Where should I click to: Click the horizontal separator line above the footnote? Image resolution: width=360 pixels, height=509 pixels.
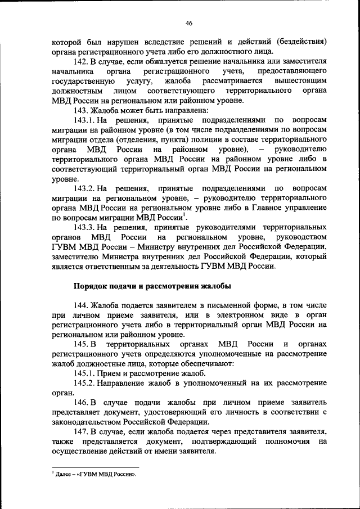(95, 466)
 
